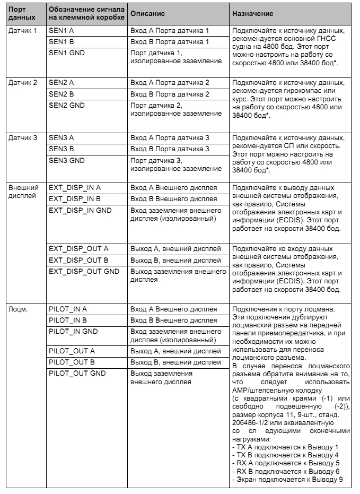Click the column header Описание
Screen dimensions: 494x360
(x=147, y=14)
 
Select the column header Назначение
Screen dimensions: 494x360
(x=252, y=14)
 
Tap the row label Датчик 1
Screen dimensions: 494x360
(x=23, y=31)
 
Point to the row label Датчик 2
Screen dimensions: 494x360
(x=23, y=83)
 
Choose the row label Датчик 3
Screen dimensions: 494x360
(x=23, y=137)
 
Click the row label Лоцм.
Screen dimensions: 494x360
(x=19, y=309)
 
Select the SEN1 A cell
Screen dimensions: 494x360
(x=61, y=31)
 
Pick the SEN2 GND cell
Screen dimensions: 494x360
(x=66, y=105)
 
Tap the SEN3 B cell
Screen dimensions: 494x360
(x=61, y=149)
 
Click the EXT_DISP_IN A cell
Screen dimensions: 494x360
(x=74, y=188)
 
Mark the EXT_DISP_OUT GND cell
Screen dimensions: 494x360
(x=84, y=272)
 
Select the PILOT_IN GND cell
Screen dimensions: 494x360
(x=73, y=332)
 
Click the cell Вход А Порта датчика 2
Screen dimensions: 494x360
(x=170, y=83)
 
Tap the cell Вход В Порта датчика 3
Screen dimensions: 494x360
(x=170, y=149)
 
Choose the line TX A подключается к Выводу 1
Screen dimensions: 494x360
(x=285, y=447)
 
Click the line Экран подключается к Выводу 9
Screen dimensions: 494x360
(x=288, y=480)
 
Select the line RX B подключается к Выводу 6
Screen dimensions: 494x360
(x=286, y=471)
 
